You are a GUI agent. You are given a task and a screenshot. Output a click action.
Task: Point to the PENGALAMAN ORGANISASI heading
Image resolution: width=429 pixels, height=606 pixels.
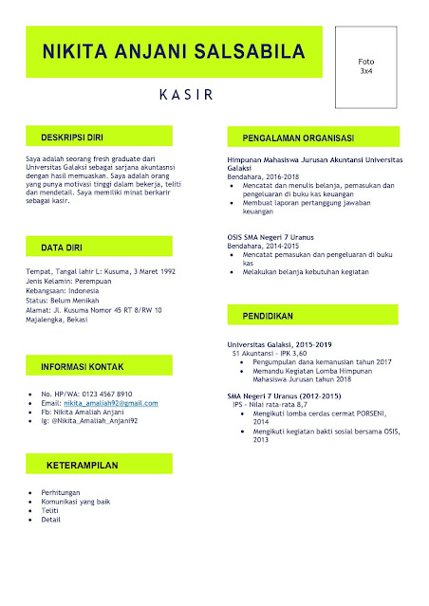(298, 138)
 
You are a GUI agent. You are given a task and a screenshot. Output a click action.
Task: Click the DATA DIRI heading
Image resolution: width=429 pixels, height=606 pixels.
(61, 248)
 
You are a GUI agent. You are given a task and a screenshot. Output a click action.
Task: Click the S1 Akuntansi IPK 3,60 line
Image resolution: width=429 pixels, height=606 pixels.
(270, 353)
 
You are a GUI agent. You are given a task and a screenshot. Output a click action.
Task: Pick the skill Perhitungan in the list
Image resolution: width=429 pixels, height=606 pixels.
(60, 493)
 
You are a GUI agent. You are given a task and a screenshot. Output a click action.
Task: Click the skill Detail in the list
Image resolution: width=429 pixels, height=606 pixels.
(51, 520)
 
